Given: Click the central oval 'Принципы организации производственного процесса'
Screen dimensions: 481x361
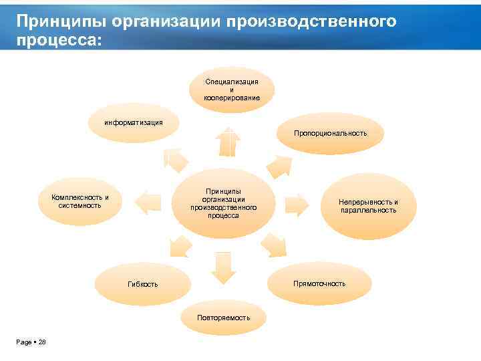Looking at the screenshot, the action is click(x=223, y=203).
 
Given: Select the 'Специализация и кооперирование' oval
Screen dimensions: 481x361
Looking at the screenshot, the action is click(x=232, y=90).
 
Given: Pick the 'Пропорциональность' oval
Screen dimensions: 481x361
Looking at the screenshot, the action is click(x=330, y=133).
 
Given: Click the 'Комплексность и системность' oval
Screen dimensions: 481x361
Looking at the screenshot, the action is click(x=80, y=201).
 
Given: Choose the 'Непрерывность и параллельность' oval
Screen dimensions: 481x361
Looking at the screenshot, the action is click(x=368, y=206).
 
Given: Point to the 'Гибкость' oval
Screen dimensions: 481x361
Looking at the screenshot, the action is click(x=143, y=284).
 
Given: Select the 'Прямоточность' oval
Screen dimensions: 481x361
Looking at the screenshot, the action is click(x=320, y=284).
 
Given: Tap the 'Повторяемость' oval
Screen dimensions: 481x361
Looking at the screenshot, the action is click(x=224, y=317).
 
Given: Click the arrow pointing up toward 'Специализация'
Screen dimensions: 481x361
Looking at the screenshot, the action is click(x=229, y=141).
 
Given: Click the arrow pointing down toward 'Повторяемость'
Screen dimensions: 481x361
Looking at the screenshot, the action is click(x=223, y=266).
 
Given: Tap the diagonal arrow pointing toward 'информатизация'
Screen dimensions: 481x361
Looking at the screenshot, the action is click(x=176, y=160).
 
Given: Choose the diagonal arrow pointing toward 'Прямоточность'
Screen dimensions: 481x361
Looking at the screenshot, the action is click(x=272, y=245).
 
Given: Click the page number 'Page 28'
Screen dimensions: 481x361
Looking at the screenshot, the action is click(x=31, y=342).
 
